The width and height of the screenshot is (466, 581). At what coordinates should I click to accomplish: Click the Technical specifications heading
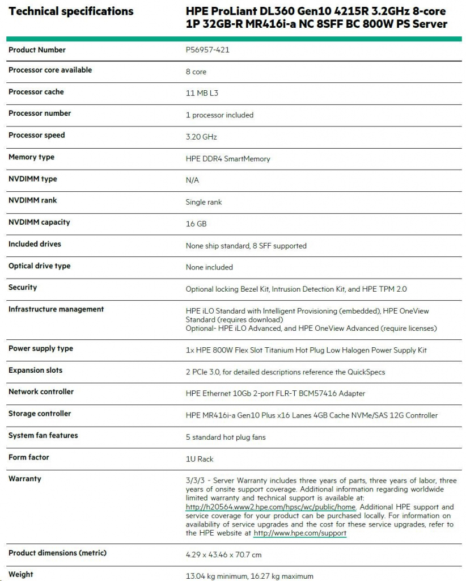[x=71, y=11]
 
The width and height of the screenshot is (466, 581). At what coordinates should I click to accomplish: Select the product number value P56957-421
[x=207, y=50]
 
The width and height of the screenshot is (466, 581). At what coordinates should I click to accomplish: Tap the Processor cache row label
[x=36, y=92]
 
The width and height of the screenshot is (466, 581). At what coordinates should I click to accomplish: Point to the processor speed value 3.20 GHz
[x=201, y=137]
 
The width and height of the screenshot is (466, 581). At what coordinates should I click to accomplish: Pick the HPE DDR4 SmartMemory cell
[x=228, y=159]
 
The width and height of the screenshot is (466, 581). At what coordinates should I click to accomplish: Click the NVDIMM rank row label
[x=33, y=200]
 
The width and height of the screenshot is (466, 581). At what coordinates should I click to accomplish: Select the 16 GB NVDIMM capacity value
[x=196, y=224]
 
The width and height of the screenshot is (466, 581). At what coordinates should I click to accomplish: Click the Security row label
[x=23, y=288]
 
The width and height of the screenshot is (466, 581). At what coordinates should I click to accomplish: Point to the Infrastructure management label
[x=56, y=309]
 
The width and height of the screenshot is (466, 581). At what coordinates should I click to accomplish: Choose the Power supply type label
[x=41, y=348]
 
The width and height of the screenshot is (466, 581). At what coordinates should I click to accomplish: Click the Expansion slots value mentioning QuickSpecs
[x=285, y=372]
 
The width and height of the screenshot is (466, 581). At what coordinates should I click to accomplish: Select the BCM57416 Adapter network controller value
[x=276, y=393]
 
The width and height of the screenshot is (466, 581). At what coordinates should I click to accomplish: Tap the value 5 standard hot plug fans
[x=226, y=437]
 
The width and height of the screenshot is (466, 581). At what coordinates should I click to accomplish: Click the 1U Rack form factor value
[x=200, y=459]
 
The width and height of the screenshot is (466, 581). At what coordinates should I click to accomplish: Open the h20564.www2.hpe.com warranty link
[x=271, y=507]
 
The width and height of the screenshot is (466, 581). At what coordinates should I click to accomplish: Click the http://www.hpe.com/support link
[x=300, y=533]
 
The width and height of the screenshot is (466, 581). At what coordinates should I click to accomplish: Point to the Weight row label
[x=21, y=575]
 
